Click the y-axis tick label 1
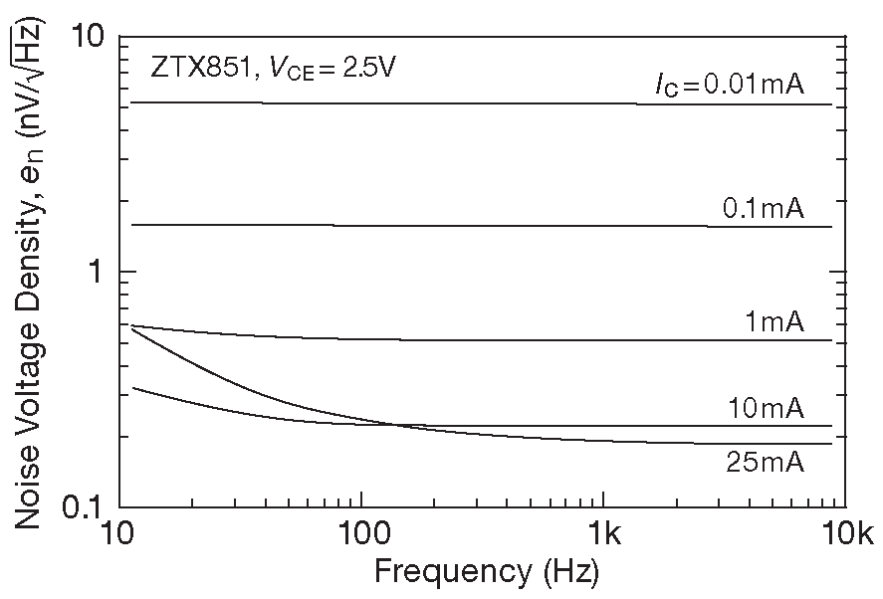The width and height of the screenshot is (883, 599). [96, 272]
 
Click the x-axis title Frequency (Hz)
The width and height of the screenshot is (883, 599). [486, 573]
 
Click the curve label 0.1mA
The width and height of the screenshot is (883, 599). [763, 209]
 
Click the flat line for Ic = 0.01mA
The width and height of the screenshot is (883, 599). [398, 102]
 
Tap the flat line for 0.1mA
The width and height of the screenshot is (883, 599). [398, 226]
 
